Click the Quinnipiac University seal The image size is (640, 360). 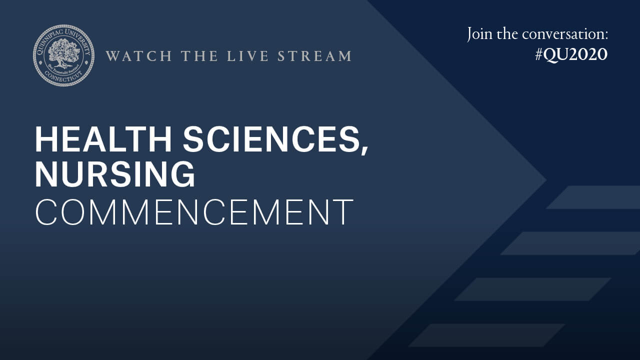[63, 55]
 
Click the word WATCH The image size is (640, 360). [139, 55]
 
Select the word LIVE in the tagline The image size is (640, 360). [247, 55]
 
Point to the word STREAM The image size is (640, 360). [314, 55]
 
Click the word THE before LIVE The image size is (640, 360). [199, 55]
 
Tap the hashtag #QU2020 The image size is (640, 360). [571, 54]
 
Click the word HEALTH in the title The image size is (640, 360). [103, 139]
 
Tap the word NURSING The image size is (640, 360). [115, 174]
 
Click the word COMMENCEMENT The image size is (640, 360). [194, 212]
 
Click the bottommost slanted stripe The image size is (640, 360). [487, 335]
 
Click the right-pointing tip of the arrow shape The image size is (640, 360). [547, 180]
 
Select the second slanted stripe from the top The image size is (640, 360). [570, 243]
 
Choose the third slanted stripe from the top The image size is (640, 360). [533, 289]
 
